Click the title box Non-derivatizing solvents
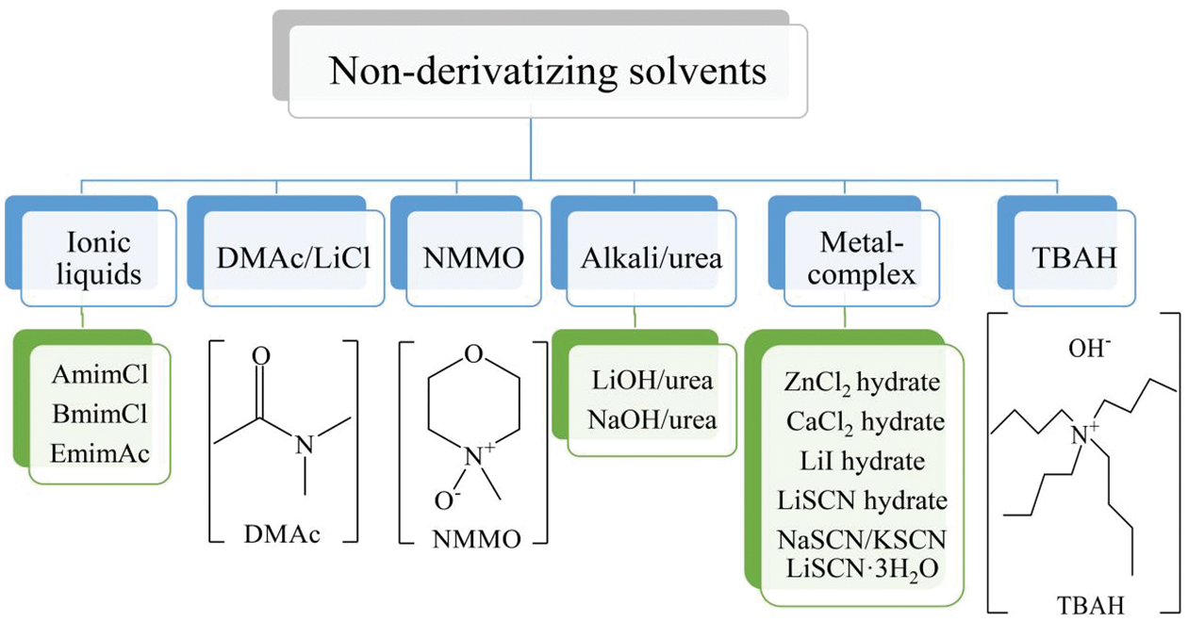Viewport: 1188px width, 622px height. (x=547, y=72)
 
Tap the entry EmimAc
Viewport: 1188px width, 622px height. (x=100, y=454)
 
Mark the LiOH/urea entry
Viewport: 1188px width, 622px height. (x=652, y=382)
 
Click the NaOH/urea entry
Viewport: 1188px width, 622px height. (x=652, y=419)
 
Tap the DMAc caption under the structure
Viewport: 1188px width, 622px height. (x=283, y=534)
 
